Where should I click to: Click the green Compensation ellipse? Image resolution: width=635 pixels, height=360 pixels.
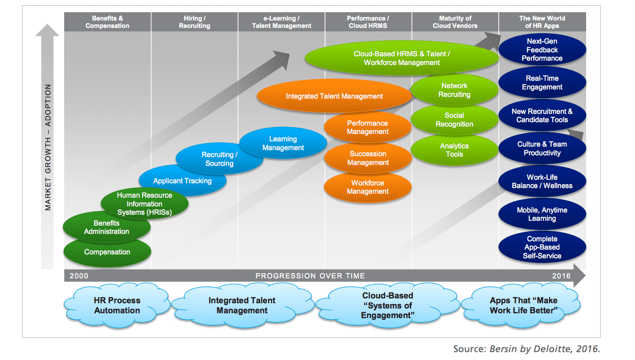(107, 252)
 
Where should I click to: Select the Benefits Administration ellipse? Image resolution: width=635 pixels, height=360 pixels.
(106, 227)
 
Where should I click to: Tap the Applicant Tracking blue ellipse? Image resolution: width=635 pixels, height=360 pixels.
(182, 181)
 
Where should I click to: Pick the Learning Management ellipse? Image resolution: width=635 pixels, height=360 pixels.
(283, 144)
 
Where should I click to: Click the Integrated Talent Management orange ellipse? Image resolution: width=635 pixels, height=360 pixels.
(334, 96)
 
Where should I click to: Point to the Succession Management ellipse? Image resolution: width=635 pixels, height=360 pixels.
(367, 158)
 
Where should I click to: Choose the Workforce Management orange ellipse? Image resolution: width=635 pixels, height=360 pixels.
(367, 187)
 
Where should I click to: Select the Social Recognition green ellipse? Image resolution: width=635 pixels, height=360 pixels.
(454, 120)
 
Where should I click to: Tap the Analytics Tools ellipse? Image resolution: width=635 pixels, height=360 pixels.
(454, 150)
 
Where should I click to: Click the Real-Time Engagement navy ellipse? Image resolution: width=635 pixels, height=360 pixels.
(542, 83)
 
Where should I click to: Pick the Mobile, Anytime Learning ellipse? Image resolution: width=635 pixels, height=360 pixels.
(542, 214)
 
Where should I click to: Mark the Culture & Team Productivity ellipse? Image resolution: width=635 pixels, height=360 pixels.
(542, 149)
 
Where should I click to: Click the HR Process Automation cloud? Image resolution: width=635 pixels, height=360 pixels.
(117, 305)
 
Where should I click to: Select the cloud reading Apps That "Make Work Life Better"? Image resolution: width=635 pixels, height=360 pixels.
(523, 305)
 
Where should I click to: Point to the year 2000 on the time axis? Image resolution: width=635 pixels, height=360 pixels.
(79, 276)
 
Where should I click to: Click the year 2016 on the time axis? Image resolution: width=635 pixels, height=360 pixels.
(561, 276)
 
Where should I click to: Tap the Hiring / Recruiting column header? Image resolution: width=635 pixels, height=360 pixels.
(194, 22)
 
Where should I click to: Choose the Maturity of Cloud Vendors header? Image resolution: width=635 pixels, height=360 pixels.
(455, 22)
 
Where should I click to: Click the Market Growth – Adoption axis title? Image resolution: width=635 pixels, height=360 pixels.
(48, 147)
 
